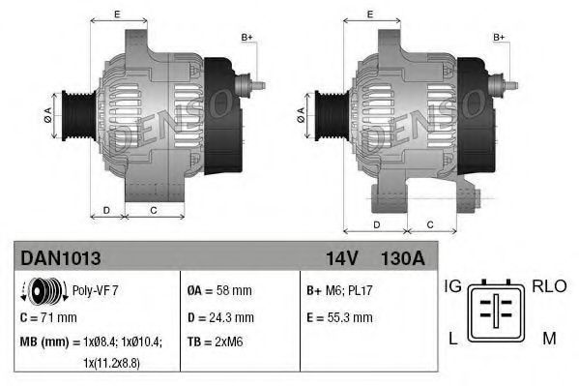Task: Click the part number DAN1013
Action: coord(60,258)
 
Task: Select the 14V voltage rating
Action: coord(342,258)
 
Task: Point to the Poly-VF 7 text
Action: coord(95,289)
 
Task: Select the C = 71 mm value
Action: coord(48,316)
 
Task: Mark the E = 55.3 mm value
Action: coord(339,316)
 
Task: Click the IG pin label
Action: coord(452,286)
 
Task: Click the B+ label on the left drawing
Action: coord(246,37)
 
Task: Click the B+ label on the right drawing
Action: coord(500,37)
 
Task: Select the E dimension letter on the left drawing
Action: coord(117,14)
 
